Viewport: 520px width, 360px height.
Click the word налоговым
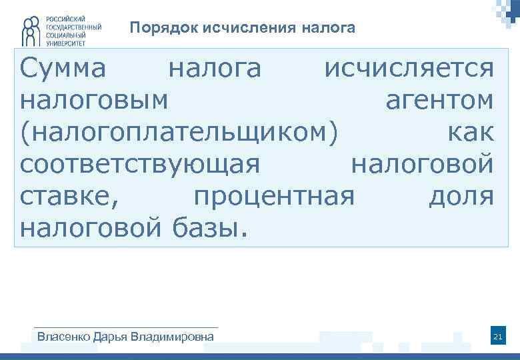coord(94,101)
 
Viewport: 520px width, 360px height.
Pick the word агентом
coord(440,101)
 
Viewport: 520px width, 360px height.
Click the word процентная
coord(274,197)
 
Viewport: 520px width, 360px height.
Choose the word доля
coord(461,197)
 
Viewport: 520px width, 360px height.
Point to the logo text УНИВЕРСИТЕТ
coord(65,41)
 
